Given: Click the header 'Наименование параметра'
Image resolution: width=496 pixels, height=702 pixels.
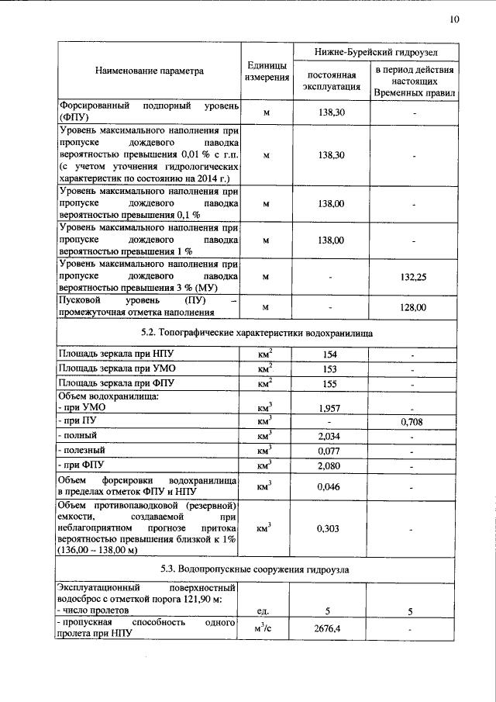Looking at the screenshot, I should (150, 71).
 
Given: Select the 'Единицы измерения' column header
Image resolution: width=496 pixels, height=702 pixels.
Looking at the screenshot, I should (266, 71).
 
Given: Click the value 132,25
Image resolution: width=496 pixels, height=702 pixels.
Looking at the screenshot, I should (414, 277).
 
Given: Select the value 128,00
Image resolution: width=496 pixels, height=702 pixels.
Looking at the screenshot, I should (414, 308).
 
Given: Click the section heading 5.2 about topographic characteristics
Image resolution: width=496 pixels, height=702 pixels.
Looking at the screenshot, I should (257, 333).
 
